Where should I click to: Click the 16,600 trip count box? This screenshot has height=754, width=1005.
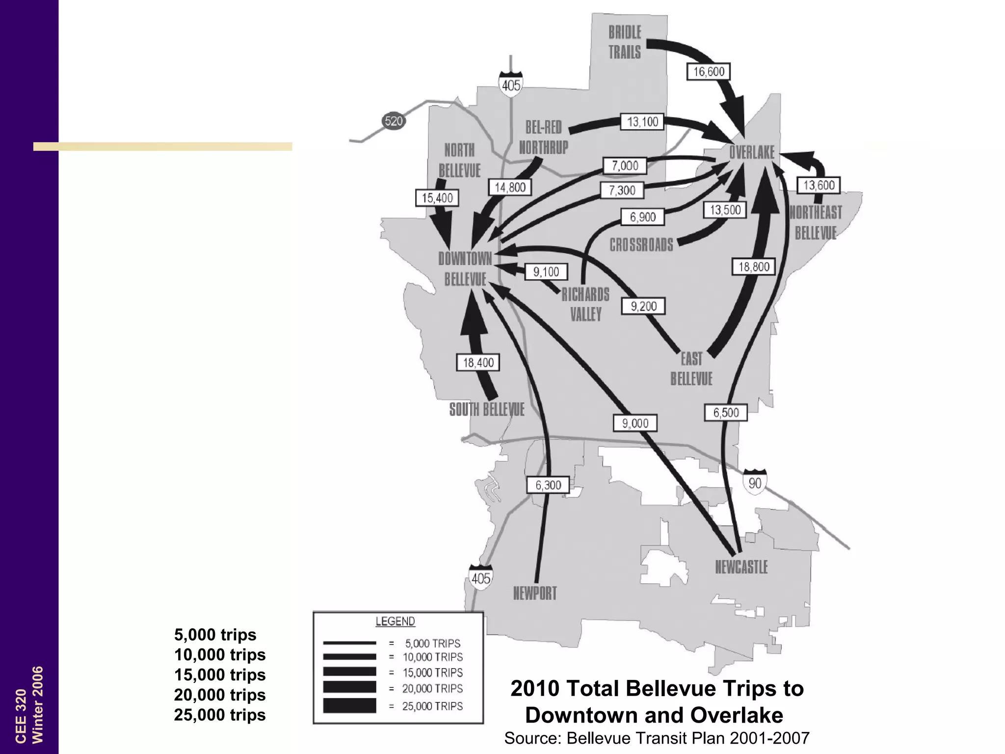pyautogui.click(x=708, y=72)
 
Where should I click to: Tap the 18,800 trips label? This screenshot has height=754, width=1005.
pyautogui.click(x=754, y=267)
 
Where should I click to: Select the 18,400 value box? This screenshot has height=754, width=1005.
pyautogui.click(x=478, y=363)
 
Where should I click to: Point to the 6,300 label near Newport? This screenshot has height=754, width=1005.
pyautogui.click(x=548, y=485)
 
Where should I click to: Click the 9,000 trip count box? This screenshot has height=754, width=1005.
pyautogui.click(x=635, y=423)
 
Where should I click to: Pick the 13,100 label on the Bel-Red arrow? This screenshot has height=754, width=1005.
pyautogui.click(x=642, y=122)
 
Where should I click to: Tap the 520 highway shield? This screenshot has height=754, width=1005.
pyautogui.click(x=394, y=121)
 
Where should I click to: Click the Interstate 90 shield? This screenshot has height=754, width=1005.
pyautogui.click(x=755, y=482)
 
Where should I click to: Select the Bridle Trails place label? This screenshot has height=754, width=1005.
pyautogui.click(x=625, y=42)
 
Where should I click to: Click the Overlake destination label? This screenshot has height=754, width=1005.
pyautogui.click(x=751, y=152)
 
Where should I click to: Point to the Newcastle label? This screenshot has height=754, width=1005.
pyautogui.click(x=741, y=567)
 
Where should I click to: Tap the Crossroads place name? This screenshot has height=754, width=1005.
pyautogui.click(x=641, y=244)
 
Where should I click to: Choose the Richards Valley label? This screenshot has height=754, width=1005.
pyautogui.click(x=585, y=304)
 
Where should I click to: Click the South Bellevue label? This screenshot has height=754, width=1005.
pyautogui.click(x=487, y=409)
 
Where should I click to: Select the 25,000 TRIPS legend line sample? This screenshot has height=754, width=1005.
pyautogui.click(x=349, y=705)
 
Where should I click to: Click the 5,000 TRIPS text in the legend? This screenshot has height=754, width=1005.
pyautogui.click(x=432, y=643)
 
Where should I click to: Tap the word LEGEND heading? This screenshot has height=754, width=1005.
pyautogui.click(x=395, y=621)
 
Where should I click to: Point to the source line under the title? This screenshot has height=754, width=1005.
pyautogui.click(x=657, y=738)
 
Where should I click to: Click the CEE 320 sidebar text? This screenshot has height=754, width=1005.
pyautogui.click(x=21, y=716)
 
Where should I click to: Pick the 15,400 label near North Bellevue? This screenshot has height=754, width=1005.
pyautogui.click(x=437, y=198)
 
